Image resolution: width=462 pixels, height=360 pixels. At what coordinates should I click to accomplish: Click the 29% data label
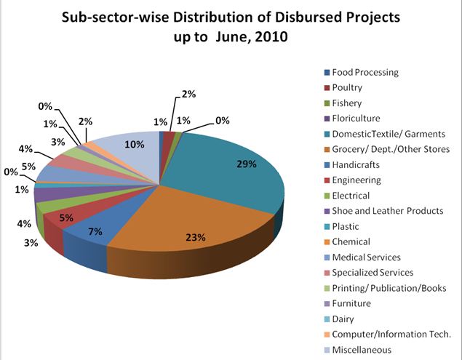coord(247,164)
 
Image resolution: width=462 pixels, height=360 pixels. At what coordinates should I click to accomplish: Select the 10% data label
coord(134,145)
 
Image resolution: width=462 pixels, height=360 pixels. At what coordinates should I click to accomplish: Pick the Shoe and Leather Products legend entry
coord(387,211)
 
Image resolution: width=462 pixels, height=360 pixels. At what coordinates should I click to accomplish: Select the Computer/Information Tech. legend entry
coord(391,334)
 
